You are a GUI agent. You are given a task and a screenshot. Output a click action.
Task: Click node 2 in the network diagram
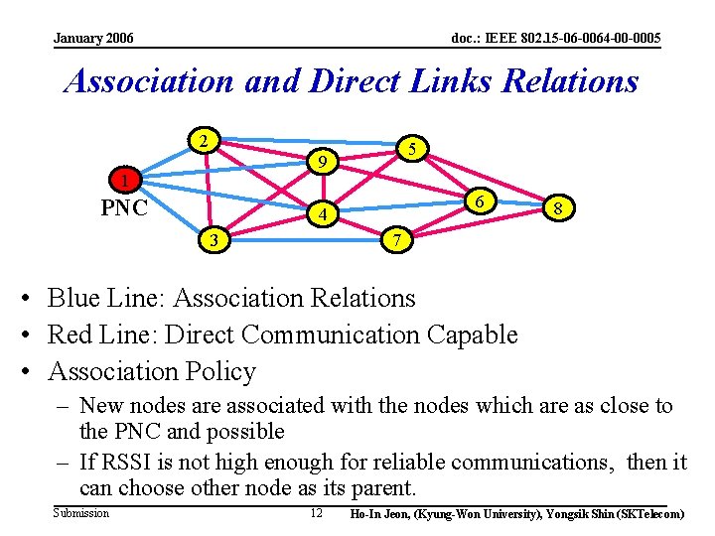pos(204,140)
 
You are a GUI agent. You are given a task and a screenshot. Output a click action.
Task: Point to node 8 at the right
pos(559,208)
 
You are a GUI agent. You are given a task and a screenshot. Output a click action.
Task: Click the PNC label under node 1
pos(125,207)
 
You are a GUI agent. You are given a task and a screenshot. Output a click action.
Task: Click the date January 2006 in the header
pos(94,39)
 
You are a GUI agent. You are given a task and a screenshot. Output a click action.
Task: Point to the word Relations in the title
pos(570,80)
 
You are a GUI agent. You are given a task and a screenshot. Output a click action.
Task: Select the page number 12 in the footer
pos(316,513)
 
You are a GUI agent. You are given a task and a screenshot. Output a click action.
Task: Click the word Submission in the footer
pos(80,513)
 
